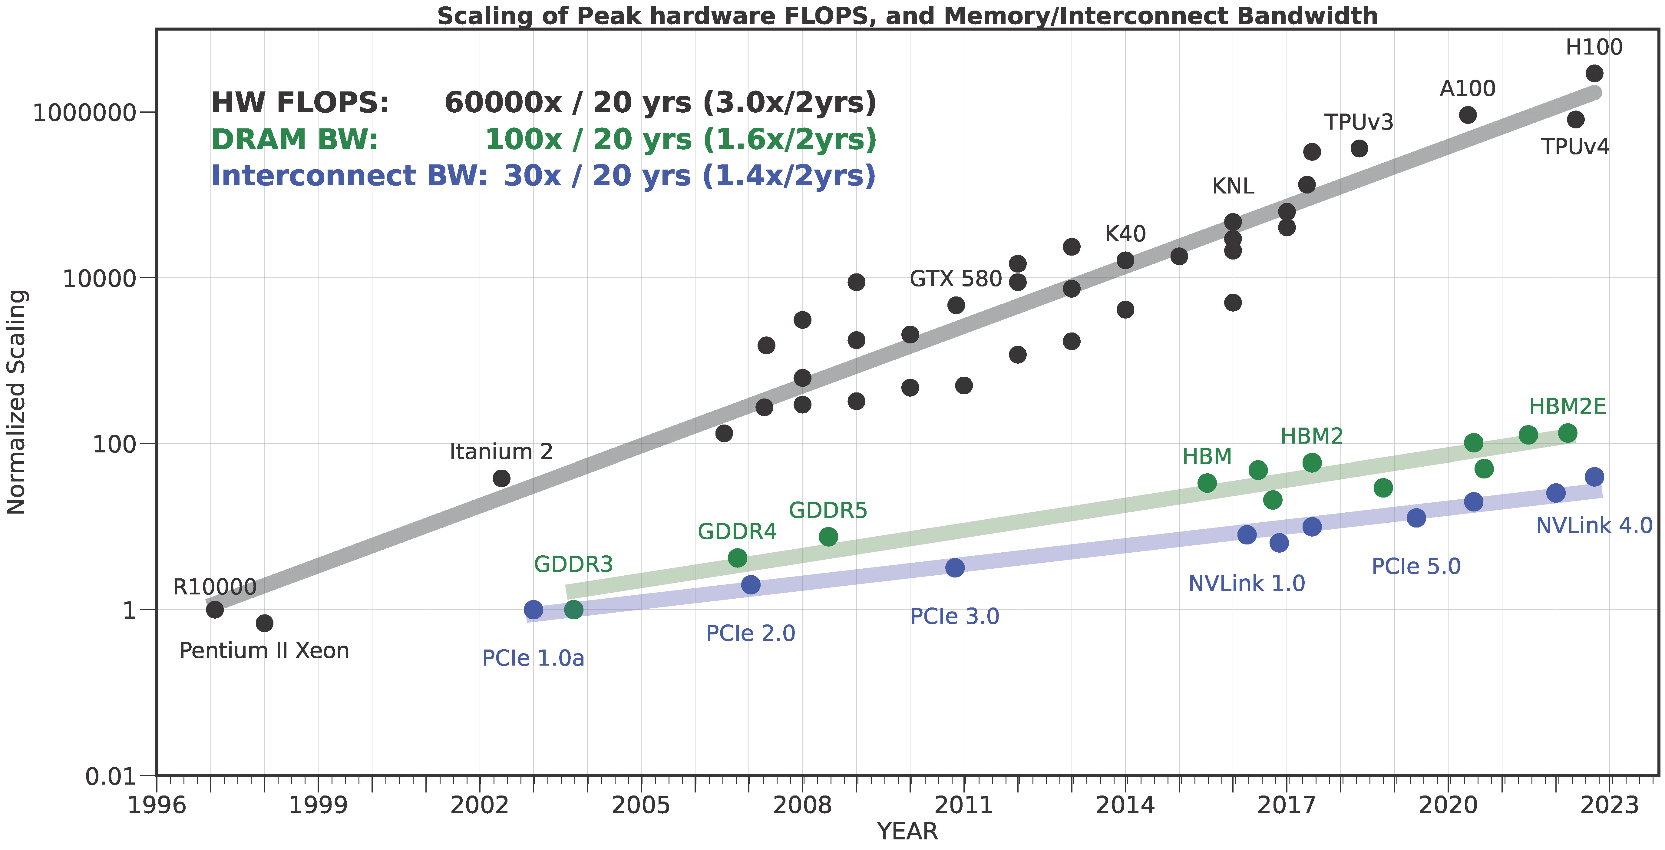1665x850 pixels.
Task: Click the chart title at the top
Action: [x=907, y=15]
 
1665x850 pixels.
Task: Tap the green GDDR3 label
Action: [x=573, y=564]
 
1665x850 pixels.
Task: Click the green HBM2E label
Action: [x=1568, y=407]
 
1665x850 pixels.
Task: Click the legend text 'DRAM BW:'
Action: [x=295, y=139]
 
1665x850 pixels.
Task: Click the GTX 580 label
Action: [x=955, y=279]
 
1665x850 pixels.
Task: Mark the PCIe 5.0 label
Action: [x=1416, y=566]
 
